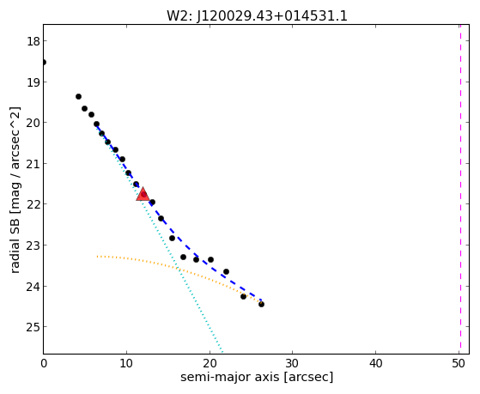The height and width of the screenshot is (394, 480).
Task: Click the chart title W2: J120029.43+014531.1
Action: (257, 15)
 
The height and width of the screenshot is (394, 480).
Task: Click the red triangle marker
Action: (143, 194)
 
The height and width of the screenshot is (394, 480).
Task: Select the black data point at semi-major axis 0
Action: (44, 63)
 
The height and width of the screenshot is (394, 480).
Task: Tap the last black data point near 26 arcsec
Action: (261, 305)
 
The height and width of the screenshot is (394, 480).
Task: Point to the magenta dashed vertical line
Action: (460, 189)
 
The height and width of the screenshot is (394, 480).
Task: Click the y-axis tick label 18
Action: (33, 41)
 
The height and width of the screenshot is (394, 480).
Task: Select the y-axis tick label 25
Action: (33, 327)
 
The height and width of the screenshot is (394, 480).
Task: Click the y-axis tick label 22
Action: (33, 204)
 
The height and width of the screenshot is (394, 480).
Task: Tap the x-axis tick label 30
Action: (292, 363)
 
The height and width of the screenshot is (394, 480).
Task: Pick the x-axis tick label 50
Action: (459, 363)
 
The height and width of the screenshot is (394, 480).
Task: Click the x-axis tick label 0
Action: (44, 363)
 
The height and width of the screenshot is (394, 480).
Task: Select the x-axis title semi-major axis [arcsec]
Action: (257, 377)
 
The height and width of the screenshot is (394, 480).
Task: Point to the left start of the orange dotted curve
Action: (97, 257)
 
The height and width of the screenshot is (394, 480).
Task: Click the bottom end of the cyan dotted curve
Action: (222, 352)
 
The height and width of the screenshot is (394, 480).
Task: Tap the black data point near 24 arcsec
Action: (243, 296)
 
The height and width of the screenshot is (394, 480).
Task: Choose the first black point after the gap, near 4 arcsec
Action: (78, 97)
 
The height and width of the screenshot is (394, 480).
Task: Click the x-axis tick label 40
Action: (375, 363)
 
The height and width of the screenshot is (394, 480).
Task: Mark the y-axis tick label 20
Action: (33, 123)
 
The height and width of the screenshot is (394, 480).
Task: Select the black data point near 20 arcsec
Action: (210, 259)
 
